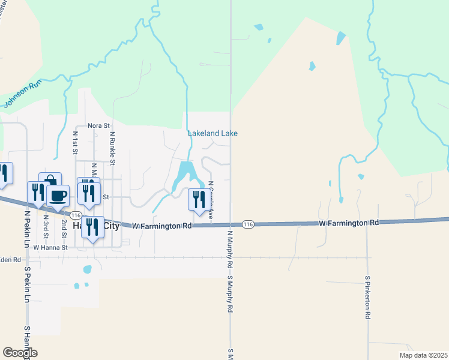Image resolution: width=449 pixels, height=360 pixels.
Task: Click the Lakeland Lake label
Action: (212, 133)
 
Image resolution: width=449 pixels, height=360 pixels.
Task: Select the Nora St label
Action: (99, 126)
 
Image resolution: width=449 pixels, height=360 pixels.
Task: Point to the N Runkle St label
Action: (112, 149)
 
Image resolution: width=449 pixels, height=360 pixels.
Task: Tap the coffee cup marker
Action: (58, 196)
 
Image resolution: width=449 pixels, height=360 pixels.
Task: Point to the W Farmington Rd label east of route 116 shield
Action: (349, 223)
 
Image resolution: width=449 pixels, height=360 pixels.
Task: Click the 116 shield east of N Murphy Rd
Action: (247, 224)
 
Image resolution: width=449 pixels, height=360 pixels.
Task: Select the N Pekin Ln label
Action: (27, 229)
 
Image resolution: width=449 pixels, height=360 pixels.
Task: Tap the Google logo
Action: (20, 353)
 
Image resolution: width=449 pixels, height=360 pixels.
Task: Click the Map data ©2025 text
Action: (423, 355)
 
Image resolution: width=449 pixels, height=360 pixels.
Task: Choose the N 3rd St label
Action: (46, 227)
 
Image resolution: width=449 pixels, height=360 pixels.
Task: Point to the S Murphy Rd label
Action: (230, 295)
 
